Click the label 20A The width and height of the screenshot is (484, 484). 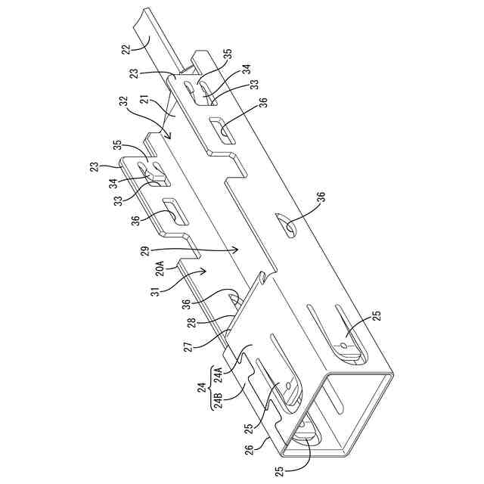tap(160, 269)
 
